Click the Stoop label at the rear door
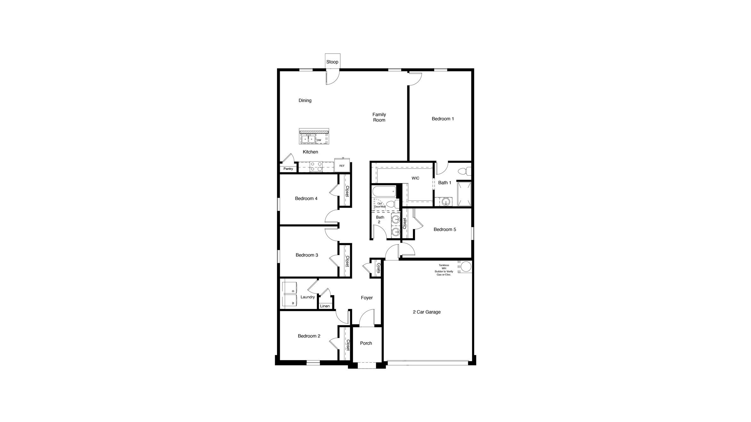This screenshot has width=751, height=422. (332, 62)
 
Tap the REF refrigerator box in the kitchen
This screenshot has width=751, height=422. (342, 166)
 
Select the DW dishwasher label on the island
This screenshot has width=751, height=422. (319, 140)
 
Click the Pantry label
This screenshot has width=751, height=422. (288, 169)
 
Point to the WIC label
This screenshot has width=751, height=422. (415, 178)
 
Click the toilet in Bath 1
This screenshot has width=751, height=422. (464, 171)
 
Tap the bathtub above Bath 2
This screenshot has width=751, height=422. (384, 191)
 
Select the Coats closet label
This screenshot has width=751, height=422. (378, 268)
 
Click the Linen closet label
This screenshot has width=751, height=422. (325, 306)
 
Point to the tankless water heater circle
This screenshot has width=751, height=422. (466, 267)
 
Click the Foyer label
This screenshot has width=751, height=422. (367, 298)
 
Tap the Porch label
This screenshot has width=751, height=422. (366, 343)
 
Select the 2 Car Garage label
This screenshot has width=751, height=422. (427, 312)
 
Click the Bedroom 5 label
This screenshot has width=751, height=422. (445, 230)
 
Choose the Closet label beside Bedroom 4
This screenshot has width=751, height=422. (347, 191)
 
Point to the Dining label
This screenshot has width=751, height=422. (305, 101)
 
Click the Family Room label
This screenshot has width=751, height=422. (379, 117)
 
